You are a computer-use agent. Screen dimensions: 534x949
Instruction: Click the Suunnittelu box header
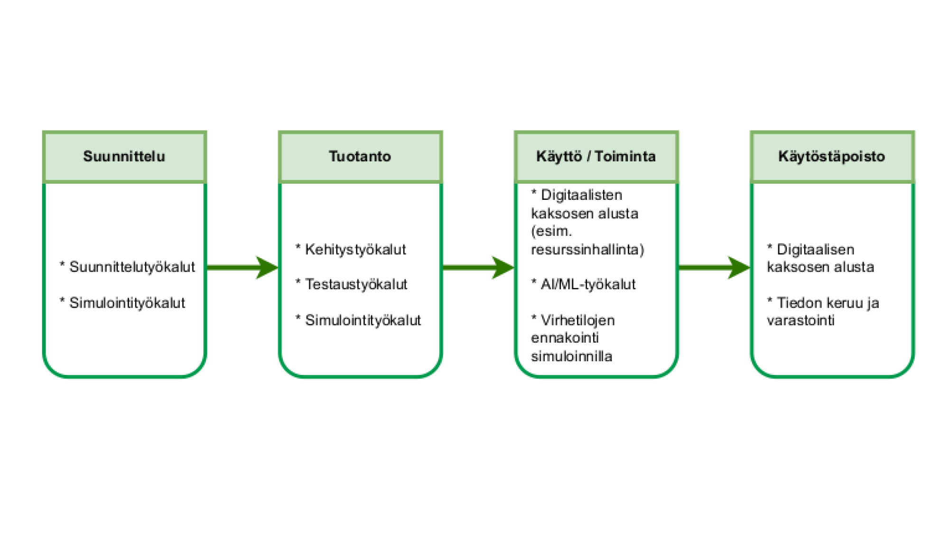click(124, 156)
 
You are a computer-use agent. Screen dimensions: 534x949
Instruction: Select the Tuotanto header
click(360, 156)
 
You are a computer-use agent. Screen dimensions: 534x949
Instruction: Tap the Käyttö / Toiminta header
click(596, 156)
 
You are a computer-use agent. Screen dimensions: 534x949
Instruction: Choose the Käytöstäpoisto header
click(832, 156)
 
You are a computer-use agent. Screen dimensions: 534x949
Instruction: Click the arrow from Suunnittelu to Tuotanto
click(242, 267)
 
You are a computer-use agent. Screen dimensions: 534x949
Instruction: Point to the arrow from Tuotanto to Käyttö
click(478, 267)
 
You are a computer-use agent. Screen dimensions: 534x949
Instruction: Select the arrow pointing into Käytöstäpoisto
click(714, 267)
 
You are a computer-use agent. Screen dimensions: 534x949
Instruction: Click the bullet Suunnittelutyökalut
click(132, 267)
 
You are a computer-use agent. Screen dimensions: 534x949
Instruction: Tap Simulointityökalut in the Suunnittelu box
click(127, 303)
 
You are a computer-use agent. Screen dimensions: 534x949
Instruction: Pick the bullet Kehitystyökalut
click(355, 249)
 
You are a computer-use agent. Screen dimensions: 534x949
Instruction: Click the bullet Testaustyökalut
click(356, 284)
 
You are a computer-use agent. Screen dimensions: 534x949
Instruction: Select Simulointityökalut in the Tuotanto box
click(363, 320)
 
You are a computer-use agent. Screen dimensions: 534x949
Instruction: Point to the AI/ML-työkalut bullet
click(588, 284)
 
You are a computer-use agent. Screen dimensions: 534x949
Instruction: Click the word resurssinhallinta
click(586, 249)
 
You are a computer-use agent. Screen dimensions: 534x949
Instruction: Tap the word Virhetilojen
click(577, 320)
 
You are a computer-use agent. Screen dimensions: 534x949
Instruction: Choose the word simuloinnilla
click(571, 356)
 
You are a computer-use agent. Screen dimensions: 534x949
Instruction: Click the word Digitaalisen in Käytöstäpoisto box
click(815, 249)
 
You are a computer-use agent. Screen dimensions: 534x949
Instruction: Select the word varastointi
click(800, 320)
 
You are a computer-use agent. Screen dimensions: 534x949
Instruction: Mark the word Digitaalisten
click(581, 195)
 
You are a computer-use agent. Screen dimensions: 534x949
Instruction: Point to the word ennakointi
click(565, 338)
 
